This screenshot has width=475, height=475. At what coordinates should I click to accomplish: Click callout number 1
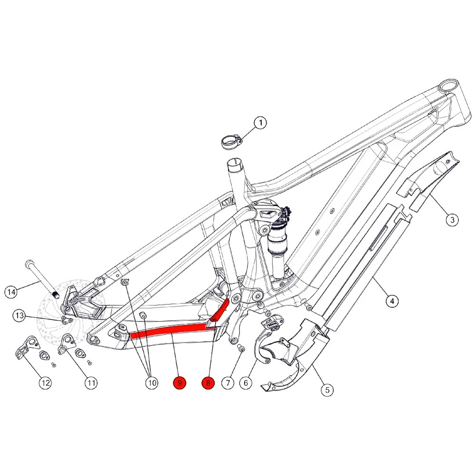point(260,123)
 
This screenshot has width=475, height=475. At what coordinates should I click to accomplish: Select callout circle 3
point(452,219)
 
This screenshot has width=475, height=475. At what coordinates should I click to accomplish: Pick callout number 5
point(327,390)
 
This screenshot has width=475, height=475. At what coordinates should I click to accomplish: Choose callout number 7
point(228,383)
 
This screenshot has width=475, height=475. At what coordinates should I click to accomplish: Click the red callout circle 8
point(208,383)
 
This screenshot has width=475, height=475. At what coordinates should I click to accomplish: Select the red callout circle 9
point(180,383)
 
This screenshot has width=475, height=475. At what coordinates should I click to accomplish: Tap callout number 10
point(151,383)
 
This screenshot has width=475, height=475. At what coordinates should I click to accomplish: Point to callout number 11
point(91,383)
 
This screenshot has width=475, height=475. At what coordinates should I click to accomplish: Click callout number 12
point(45,383)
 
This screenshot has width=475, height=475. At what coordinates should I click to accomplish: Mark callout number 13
point(19,315)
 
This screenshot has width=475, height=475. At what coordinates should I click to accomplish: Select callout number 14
point(12,291)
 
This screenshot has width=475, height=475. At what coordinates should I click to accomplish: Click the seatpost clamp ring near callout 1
point(232,141)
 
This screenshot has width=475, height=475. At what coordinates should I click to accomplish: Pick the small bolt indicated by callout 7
point(240,350)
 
